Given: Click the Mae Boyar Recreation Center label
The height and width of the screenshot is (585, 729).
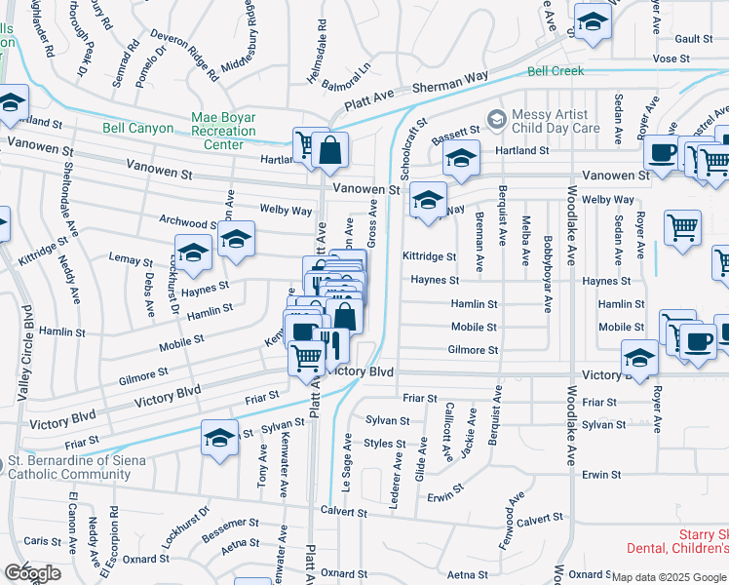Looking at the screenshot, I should pyautogui.click(x=223, y=131).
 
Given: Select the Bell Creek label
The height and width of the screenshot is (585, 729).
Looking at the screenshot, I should pyautogui.click(x=555, y=71).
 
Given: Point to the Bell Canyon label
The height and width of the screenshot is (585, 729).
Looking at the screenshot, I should pyautogui.click(x=138, y=129).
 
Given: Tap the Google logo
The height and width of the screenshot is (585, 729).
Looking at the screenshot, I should pyautogui.click(x=32, y=573).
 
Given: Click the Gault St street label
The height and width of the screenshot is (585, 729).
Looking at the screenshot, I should pyautogui.click(x=694, y=39).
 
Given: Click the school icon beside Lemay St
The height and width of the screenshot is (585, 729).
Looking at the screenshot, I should pyautogui.click(x=194, y=253).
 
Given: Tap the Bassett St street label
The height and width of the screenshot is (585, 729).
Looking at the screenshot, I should pyautogui.click(x=456, y=130).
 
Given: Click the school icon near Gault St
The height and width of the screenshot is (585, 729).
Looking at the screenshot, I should pyautogui.click(x=591, y=21).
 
